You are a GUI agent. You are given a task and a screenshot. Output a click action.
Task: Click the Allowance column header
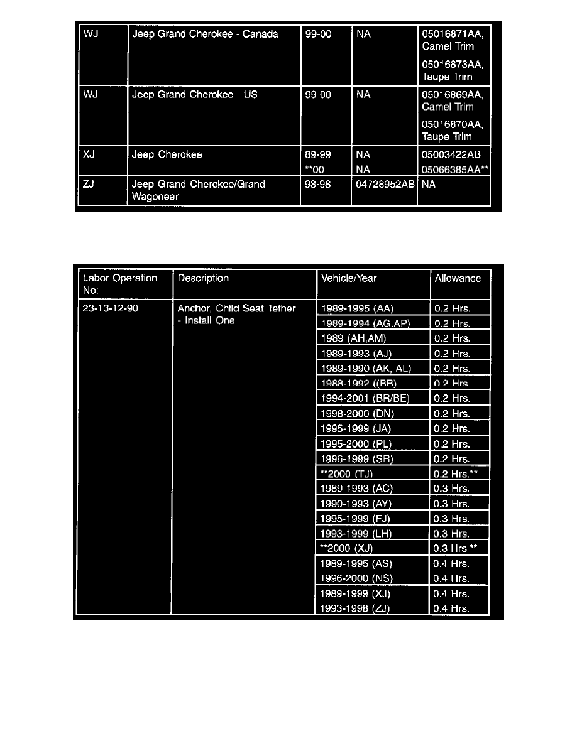tap(457, 278)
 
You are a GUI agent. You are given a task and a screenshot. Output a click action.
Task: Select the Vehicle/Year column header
tap(349, 278)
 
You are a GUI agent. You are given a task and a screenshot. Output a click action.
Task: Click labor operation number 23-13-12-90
tap(111, 308)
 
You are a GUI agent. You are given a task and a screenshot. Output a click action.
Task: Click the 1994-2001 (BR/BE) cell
tap(365, 398)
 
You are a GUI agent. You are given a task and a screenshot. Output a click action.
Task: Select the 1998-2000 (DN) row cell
tap(356, 413)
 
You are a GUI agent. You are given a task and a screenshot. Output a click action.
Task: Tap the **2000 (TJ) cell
tap(347, 473)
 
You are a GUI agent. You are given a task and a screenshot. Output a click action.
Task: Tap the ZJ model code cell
tap(89, 185)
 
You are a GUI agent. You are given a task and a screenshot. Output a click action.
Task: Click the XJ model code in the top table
tap(89, 154)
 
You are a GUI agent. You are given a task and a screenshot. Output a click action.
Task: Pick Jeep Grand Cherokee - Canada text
tap(205, 34)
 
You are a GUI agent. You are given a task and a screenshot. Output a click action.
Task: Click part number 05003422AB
tap(452, 154)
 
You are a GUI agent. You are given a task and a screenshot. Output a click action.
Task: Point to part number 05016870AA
tap(452, 124)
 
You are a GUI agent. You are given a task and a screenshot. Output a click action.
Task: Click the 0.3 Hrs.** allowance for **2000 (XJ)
tap(456, 548)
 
